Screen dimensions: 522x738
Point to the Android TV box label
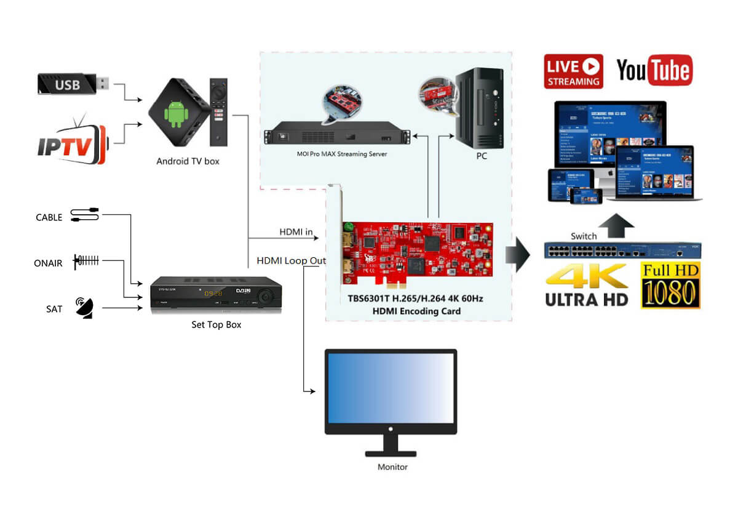pos(188,161)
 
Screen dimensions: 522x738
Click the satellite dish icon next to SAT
pos(85,307)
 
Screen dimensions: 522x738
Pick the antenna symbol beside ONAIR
pos(86,262)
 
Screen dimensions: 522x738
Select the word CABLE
pos(49,217)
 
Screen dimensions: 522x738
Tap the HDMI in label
pos(296,232)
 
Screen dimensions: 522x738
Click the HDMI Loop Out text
pos(291,261)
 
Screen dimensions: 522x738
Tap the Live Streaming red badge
pos(573,72)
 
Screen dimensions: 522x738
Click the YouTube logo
pos(654,71)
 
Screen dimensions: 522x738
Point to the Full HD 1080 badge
pos(670,285)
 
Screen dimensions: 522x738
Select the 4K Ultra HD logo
pos(587,284)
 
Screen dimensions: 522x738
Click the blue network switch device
pos(622,251)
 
